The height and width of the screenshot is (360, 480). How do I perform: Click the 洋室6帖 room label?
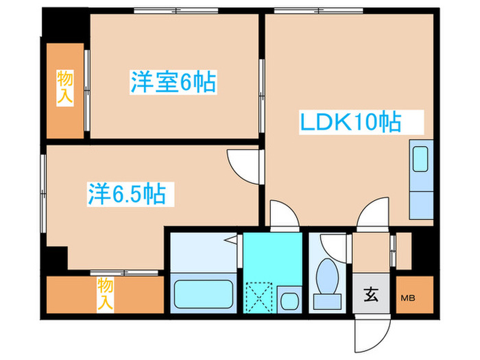173,83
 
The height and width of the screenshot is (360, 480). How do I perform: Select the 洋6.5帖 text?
125,193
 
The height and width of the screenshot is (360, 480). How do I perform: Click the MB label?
408,298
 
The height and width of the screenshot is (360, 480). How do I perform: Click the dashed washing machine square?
260,297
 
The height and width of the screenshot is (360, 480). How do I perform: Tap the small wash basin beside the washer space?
289,299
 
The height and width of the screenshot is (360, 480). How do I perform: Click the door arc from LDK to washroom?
283,213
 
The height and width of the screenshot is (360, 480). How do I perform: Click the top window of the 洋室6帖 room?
176,11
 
